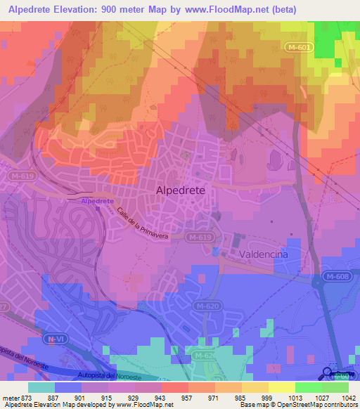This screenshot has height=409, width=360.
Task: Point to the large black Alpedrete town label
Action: pos(180,191)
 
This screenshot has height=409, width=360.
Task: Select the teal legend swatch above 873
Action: pos(41,387)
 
